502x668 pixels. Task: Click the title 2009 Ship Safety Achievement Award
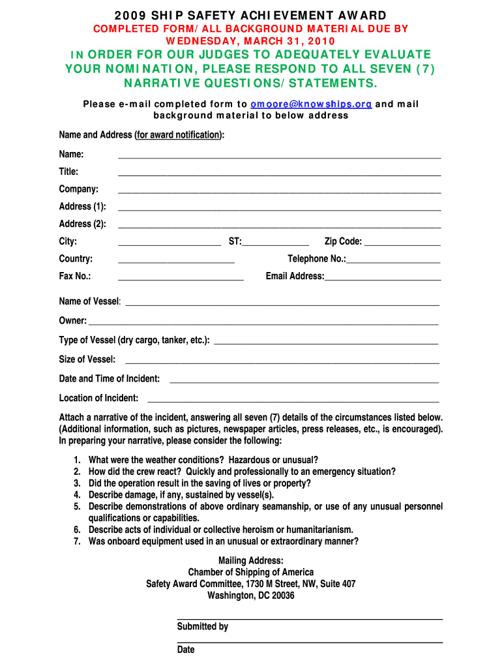click(x=250, y=15)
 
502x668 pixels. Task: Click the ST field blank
click(x=275, y=243)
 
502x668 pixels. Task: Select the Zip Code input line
click(x=402, y=243)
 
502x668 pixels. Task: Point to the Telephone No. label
click(x=317, y=259)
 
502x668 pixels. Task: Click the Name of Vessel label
click(x=89, y=301)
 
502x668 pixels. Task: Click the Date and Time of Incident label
click(x=110, y=379)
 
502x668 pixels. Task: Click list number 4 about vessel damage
click(x=77, y=495)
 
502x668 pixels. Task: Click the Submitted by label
click(x=203, y=627)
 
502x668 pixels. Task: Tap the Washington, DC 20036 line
click(x=251, y=596)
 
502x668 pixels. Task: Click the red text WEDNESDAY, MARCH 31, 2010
click(x=250, y=40)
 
